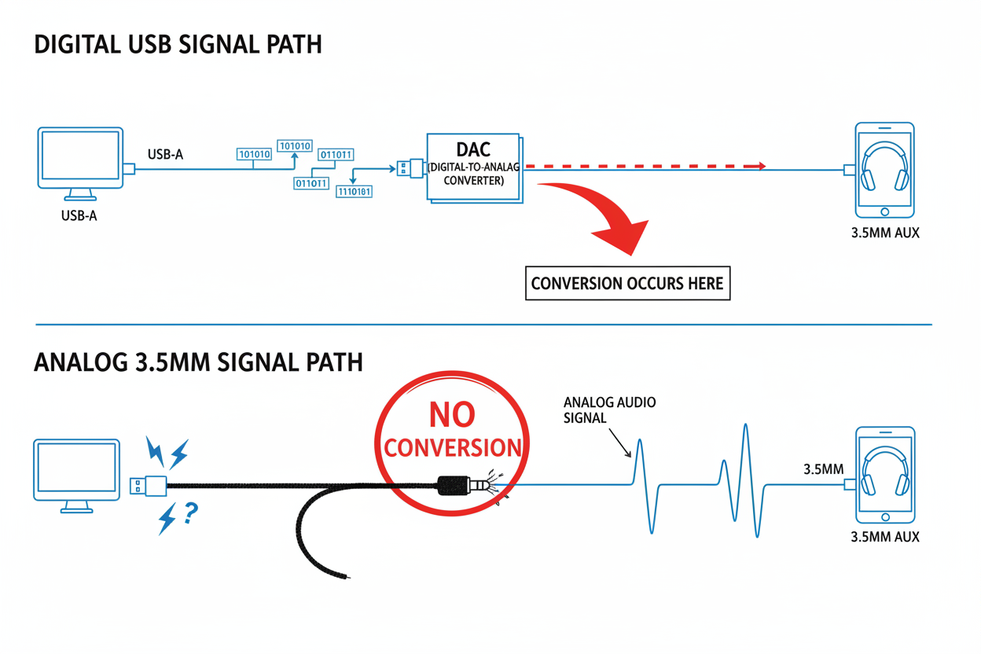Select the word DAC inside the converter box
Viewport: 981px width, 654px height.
click(x=473, y=149)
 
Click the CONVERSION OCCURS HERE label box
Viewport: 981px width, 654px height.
click(x=627, y=284)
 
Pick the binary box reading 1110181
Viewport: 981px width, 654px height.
click(x=355, y=191)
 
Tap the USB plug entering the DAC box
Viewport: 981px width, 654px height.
click(x=410, y=167)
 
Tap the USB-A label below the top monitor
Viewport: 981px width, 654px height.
click(x=79, y=215)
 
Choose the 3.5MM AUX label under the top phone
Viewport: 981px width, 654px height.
click(x=885, y=233)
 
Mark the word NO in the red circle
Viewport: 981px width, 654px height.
click(x=452, y=415)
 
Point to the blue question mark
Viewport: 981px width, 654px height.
click(x=190, y=513)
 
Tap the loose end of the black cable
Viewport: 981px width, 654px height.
click(x=347, y=577)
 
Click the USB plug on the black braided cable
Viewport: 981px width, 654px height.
click(x=148, y=486)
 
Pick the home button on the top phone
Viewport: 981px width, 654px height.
click(x=885, y=211)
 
